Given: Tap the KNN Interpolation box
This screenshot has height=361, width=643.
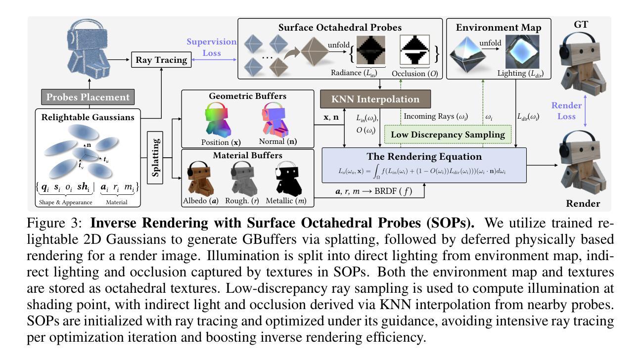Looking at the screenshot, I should tap(374, 99).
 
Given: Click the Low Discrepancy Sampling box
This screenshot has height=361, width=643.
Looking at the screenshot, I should tap(448, 134).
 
